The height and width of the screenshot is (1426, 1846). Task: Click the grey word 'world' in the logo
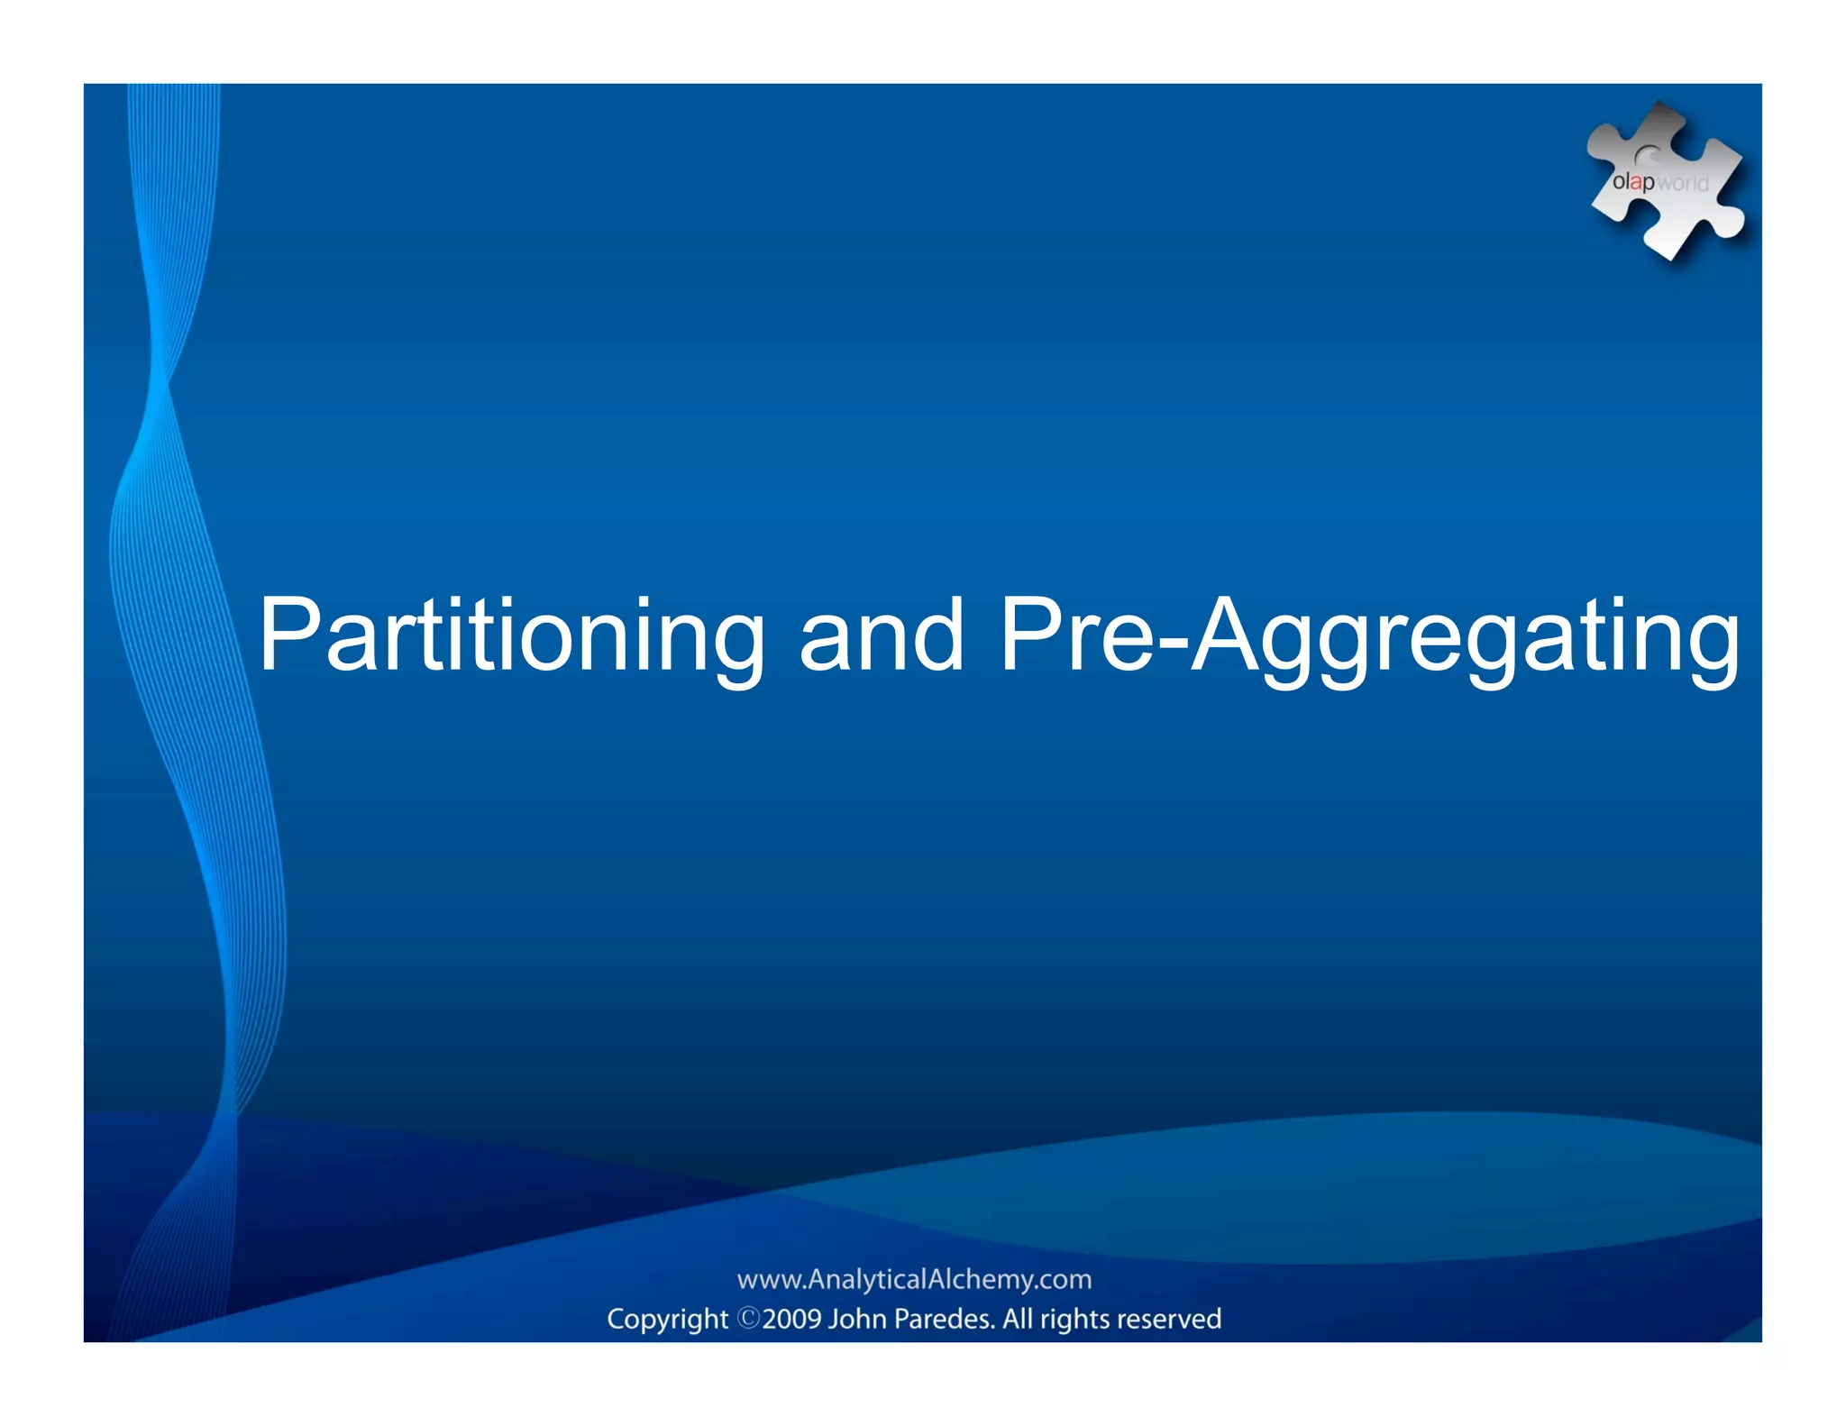click(1682, 183)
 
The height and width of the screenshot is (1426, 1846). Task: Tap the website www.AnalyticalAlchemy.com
click(914, 1279)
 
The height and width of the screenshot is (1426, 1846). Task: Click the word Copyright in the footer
click(667, 1319)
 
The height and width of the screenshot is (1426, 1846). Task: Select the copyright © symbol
click(749, 1318)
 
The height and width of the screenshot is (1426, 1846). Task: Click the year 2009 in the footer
click(792, 1319)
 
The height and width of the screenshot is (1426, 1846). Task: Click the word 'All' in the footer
click(1018, 1319)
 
